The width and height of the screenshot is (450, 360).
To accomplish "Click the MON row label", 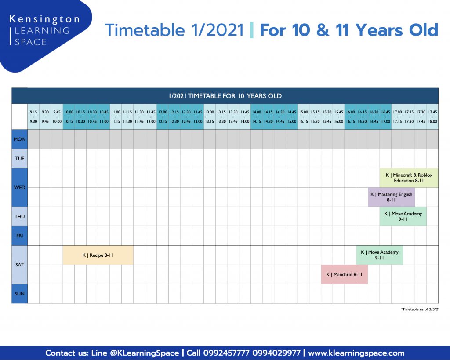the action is (19, 139).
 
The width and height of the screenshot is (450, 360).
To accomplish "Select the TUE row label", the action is (19, 159).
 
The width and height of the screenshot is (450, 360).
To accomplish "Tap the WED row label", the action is (19, 187).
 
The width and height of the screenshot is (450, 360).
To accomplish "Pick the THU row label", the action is (19, 216).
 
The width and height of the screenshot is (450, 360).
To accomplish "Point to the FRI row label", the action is (19, 236).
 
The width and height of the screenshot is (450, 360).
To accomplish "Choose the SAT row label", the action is (19, 265).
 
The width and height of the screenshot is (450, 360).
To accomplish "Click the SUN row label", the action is (19, 294).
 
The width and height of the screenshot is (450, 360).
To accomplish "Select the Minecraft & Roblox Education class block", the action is (409, 178).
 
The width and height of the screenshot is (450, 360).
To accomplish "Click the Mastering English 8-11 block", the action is (392, 197).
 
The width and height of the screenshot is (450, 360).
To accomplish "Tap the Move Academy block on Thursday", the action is (403, 216).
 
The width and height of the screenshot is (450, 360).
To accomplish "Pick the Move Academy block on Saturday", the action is (380, 255).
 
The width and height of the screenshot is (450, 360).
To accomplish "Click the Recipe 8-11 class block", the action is (98, 255).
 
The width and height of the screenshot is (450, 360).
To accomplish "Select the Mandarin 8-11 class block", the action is (345, 274).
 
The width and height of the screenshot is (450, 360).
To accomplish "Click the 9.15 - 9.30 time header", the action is (33, 116).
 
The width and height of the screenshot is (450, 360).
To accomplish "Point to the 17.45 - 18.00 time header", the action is (432, 116).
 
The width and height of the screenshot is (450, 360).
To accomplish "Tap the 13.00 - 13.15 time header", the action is (210, 116).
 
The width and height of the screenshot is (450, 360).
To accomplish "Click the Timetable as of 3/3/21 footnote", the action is (420, 309).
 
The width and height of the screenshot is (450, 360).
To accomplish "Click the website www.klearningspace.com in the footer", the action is (356, 353).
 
